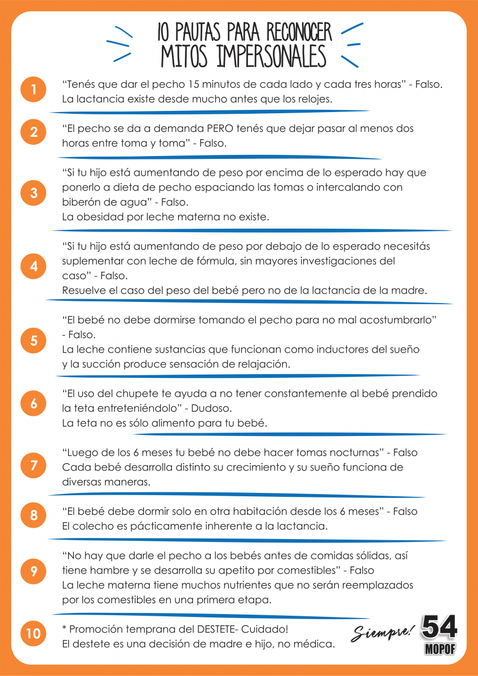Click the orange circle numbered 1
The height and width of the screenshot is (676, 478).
(x=34, y=90)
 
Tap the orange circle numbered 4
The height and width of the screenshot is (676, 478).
(x=34, y=266)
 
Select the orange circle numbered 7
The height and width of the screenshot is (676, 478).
(x=34, y=465)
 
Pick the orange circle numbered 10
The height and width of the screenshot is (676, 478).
(x=34, y=634)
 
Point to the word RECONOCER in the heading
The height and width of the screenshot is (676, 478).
(x=299, y=32)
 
